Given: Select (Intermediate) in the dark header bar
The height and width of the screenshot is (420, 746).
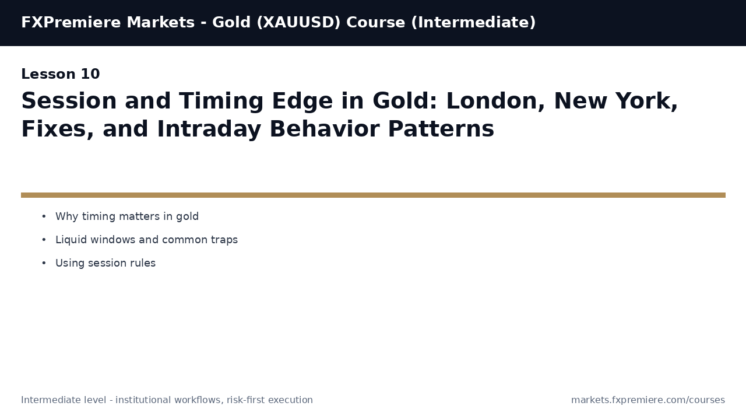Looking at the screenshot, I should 473,23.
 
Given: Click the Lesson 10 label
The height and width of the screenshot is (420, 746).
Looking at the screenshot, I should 61,75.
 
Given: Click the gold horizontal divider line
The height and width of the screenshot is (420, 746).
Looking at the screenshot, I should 373,195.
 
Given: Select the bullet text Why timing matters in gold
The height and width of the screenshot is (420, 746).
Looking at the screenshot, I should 127,217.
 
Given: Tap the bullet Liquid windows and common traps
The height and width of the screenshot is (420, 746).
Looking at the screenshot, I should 146,240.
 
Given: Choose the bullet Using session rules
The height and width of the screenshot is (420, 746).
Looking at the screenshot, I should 105,264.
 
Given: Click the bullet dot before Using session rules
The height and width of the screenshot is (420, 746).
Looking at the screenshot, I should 44,264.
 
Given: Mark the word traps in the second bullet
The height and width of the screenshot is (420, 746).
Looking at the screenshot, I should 224,240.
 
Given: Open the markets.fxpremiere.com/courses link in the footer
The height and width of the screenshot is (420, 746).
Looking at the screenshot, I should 648,400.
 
